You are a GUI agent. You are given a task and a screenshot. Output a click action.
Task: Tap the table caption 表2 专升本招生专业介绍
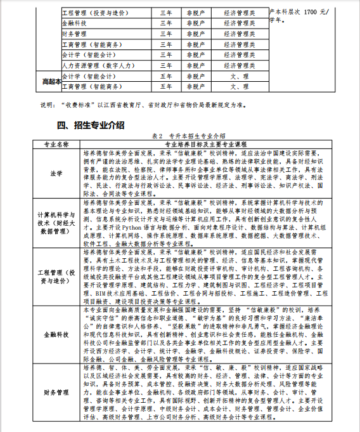pos(188,136)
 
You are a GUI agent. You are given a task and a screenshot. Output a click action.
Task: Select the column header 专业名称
pos(56,144)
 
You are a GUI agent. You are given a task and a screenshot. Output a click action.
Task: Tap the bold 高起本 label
pos(50,81)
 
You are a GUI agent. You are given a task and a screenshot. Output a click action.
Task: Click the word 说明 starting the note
pos(48,104)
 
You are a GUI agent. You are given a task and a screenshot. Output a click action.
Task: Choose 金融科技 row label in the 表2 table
pos(56,334)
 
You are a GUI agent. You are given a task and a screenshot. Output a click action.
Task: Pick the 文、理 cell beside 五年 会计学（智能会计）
pos(239,75)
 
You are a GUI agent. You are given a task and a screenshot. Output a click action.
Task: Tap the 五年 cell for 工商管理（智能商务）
pos(166,86)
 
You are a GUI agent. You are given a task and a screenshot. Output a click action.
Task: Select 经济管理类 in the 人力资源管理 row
pos(239,65)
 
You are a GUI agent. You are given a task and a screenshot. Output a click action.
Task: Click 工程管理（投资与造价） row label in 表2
pos(56,277)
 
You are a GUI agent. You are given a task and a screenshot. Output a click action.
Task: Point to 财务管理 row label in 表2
pos(56,393)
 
